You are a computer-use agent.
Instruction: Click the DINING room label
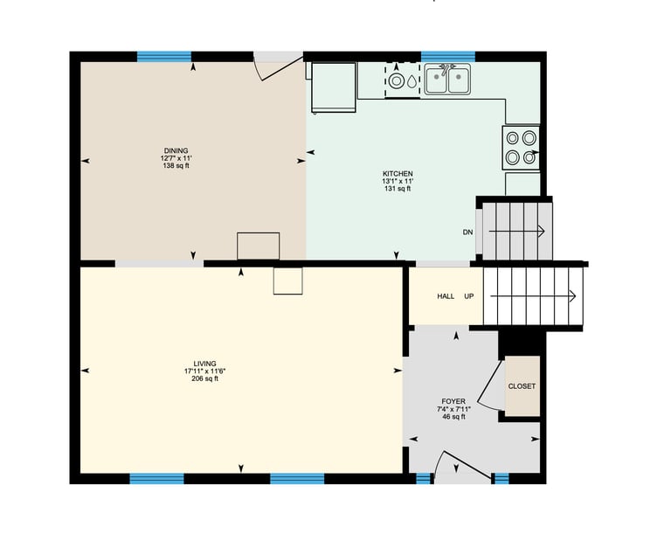point(176,150)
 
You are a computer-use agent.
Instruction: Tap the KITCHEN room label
point(398,174)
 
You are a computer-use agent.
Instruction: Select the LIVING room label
point(205,364)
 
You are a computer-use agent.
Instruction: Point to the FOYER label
point(453,401)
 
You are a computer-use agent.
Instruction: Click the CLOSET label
point(522,386)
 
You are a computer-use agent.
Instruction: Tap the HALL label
point(446,296)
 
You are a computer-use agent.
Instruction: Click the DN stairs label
point(467,232)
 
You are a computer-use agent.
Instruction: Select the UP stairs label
point(469,296)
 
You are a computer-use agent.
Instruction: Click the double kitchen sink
point(447,80)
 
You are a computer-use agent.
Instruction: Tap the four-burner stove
point(521,148)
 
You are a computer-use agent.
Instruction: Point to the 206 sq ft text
point(205,378)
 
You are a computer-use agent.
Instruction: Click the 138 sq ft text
point(176,166)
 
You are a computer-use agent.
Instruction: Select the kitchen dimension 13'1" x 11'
point(398,181)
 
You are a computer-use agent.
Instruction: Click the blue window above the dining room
point(164,57)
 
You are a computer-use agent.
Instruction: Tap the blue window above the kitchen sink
point(448,57)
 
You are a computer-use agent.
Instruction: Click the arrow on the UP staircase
point(533,296)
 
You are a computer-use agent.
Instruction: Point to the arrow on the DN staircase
point(516,232)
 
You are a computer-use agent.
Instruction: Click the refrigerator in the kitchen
point(334,87)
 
